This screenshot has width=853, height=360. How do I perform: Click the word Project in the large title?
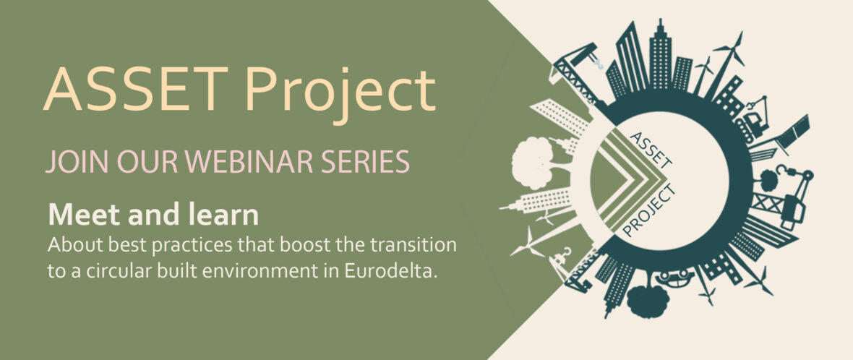[340, 93]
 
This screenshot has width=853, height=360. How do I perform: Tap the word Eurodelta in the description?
[390, 271]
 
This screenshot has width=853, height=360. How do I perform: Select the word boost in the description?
[304, 245]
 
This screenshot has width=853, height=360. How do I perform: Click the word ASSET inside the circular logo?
[651, 149]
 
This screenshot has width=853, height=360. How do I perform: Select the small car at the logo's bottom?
[674, 278]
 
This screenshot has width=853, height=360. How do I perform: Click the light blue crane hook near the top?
[599, 64]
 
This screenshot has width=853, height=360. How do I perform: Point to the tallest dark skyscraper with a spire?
[661, 54]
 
